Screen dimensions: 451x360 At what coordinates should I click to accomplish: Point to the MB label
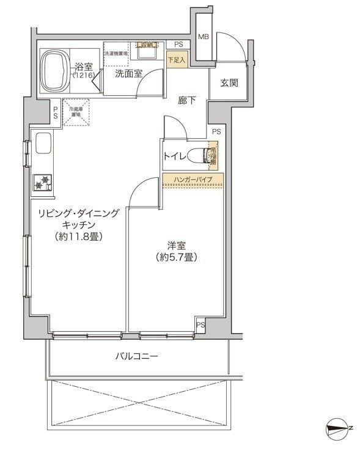pyautogui.click(x=204, y=37)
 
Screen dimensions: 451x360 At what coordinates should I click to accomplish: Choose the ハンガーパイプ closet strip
pyautogui.click(x=193, y=179)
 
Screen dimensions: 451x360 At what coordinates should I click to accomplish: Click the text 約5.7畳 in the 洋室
pyautogui.click(x=175, y=257)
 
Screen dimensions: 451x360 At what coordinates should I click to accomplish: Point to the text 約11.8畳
pyautogui.click(x=78, y=236)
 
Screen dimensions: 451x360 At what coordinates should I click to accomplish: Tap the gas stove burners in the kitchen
pyautogui.click(x=43, y=182)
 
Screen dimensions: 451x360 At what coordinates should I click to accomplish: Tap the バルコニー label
pyautogui.click(x=137, y=356)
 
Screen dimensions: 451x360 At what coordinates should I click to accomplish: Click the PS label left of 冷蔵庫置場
pyautogui.click(x=55, y=112)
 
